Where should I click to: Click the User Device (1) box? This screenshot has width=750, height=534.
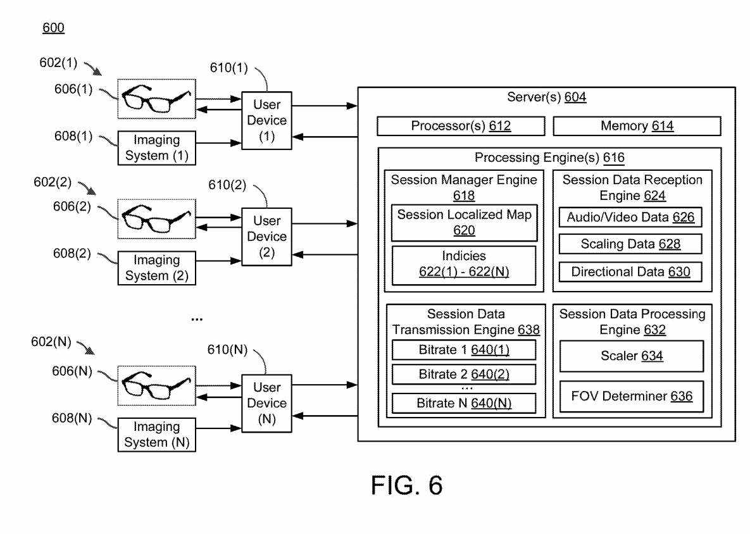pos(266,120)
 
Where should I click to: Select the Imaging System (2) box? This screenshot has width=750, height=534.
pos(156,268)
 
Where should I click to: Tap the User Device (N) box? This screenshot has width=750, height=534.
pos(266,403)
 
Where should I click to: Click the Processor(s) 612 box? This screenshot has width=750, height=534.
pos(460,126)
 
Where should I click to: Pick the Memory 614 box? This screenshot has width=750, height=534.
pos(637,126)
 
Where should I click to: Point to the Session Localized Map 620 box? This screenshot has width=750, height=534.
pos(464,223)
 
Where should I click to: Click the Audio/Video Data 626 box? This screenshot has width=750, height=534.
pos(630,218)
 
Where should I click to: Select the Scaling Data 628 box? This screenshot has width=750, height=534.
pos(630,244)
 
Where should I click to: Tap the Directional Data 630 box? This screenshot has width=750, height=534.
pos(630,272)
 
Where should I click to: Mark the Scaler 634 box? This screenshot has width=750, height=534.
pos(631,356)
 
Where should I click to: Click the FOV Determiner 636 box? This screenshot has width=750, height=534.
pos(631,397)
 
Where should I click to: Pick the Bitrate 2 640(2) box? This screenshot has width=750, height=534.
pos(464,374)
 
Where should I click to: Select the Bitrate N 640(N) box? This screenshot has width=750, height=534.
pos(464,402)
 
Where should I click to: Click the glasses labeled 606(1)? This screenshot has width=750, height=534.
pos(156,98)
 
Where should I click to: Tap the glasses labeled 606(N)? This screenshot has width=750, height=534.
pos(156,384)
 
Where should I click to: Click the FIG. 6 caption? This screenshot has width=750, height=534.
pos(406,485)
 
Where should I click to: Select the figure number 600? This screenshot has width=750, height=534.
pos(53,28)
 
